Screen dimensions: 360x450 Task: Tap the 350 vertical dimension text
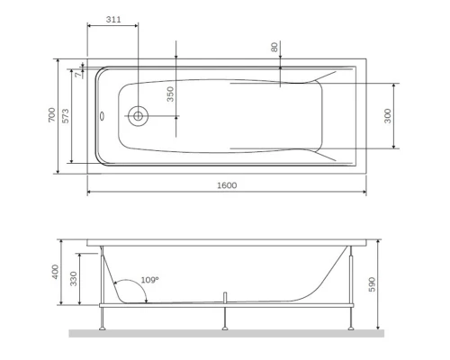[x=168, y=94]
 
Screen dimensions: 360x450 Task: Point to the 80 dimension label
[x=274, y=47]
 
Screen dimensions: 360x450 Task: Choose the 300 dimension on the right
[x=389, y=115]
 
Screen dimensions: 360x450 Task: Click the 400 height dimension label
[x=55, y=273]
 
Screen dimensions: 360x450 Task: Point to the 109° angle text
[x=149, y=281]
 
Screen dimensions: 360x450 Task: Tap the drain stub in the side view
[x=224, y=297]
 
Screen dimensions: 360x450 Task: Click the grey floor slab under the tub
[x=226, y=333]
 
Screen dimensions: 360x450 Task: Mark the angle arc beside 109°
[x=131, y=288]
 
